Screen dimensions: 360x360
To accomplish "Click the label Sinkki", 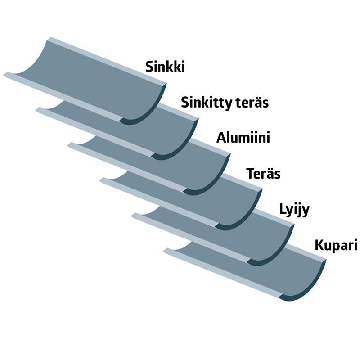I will pos(165,67).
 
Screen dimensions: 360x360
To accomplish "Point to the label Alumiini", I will pos(243,137).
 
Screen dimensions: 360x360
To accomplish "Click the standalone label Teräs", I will pos(264,173).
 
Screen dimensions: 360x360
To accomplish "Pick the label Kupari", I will pos(336,246).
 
